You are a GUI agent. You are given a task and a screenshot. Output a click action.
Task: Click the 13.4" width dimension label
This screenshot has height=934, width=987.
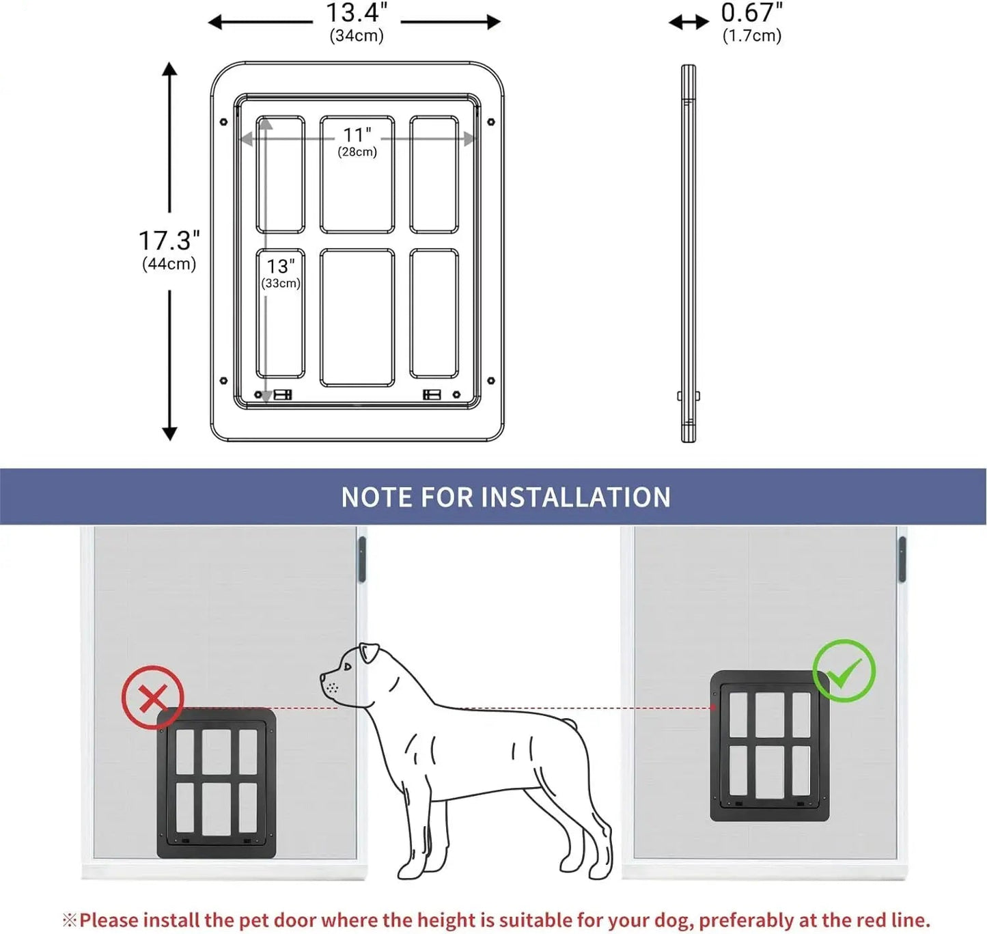point(356,12)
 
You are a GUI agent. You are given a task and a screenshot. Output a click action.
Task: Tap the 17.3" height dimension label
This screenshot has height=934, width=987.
point(169,241)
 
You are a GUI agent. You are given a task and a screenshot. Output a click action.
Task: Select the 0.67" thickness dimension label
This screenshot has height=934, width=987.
point(751,12)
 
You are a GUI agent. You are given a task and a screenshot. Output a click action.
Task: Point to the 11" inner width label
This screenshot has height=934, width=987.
point(357,135)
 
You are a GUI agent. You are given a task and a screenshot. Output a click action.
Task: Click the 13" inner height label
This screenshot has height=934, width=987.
point(280,266)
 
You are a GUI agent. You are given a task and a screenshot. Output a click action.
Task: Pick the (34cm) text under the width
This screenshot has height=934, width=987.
point(357,36)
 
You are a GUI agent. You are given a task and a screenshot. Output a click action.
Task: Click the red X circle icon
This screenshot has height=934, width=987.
point(152,698)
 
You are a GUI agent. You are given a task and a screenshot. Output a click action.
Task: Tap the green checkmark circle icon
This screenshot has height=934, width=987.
point(844,671)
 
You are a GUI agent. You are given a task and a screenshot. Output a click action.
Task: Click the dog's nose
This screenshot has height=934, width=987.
point(323,676)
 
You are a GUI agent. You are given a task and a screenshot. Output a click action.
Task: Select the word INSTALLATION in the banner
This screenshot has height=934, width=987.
point(576,497)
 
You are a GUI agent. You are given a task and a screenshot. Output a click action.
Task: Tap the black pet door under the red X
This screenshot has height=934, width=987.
point(217,782)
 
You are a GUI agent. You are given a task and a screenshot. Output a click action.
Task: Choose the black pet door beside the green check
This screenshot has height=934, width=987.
point(769,745)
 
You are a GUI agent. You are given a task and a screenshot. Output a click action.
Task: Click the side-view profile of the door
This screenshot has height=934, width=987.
point(688,253)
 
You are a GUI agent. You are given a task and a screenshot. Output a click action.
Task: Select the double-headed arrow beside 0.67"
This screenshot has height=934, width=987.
point(689,23)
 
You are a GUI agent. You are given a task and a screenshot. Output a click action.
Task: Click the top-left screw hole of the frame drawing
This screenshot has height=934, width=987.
point(223,122)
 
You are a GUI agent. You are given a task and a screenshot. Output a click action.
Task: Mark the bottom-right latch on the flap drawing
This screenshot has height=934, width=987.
point(432,394)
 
